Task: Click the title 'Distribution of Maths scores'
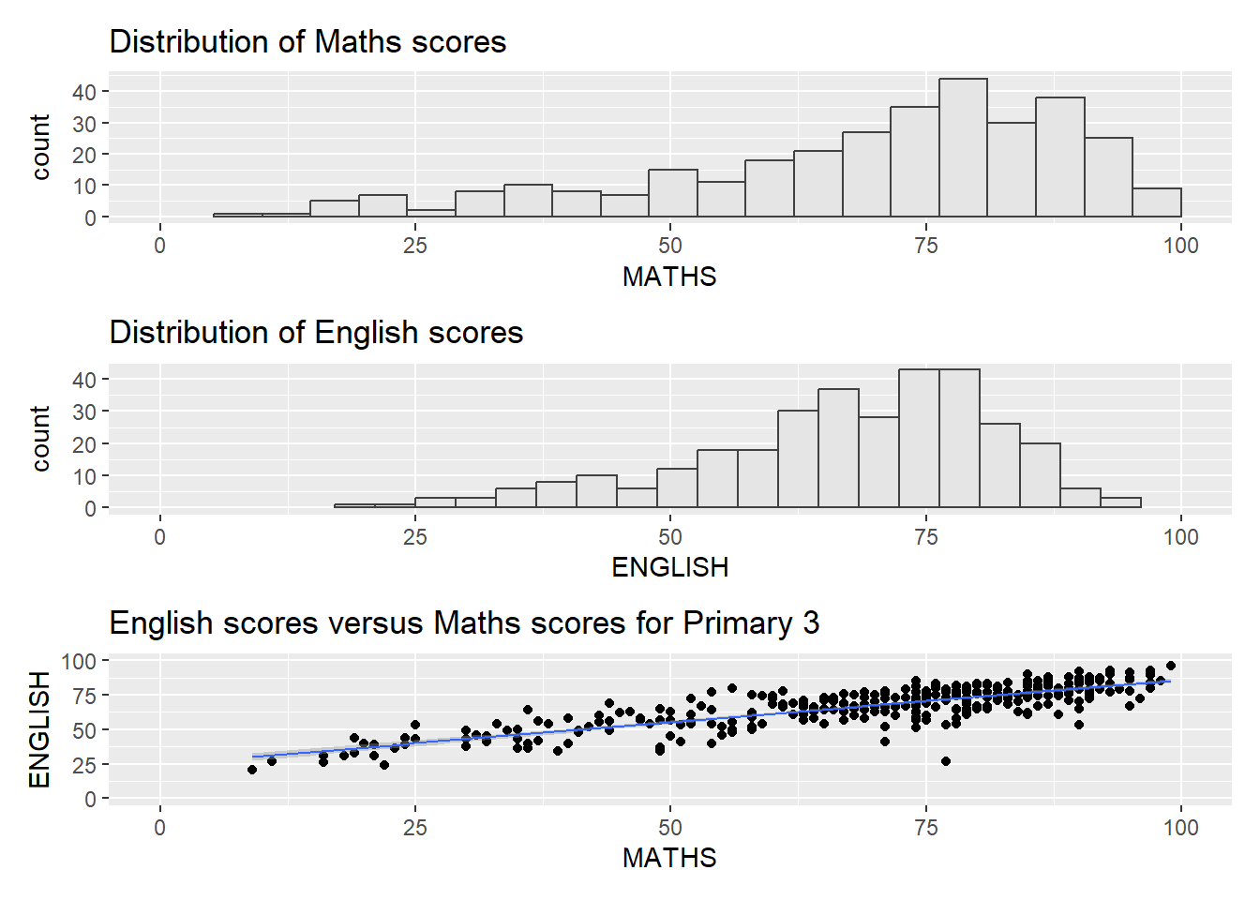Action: pos(307,42)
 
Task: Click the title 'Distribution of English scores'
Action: pos(316,333)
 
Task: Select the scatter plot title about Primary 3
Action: pos(464,623)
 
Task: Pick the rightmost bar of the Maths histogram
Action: pos(1156,202)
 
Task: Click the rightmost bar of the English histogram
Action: pos(1120,502)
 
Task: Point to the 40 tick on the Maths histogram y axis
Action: pos(84,92)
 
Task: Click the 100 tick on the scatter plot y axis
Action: pos(79,662)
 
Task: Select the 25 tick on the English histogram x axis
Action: pos(415,537)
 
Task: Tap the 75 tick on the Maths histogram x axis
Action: pos(925,246)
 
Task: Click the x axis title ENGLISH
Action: pos(669,567)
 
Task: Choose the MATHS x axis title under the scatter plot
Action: pos(669,858)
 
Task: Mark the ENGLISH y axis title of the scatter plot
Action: pos(39,729)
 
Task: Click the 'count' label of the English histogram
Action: pos(39,438)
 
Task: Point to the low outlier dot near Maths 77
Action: pos(946,761)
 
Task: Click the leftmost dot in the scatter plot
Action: pos(252,770)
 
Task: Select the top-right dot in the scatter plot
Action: pos(1170,666)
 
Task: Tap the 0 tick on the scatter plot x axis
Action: pos(160,828)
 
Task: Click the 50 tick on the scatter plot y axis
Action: pos(84,730)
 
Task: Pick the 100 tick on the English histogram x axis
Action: pos(1180,537)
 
